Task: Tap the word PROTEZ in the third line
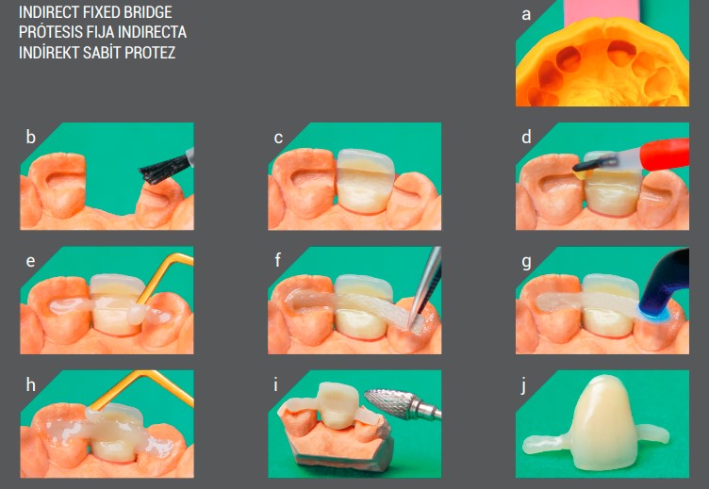151,52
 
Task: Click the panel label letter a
526,14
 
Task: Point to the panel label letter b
31,138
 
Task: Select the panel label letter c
278,138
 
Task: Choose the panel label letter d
526,138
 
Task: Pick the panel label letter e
31,261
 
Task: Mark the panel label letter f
278,261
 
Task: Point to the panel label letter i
276,385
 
